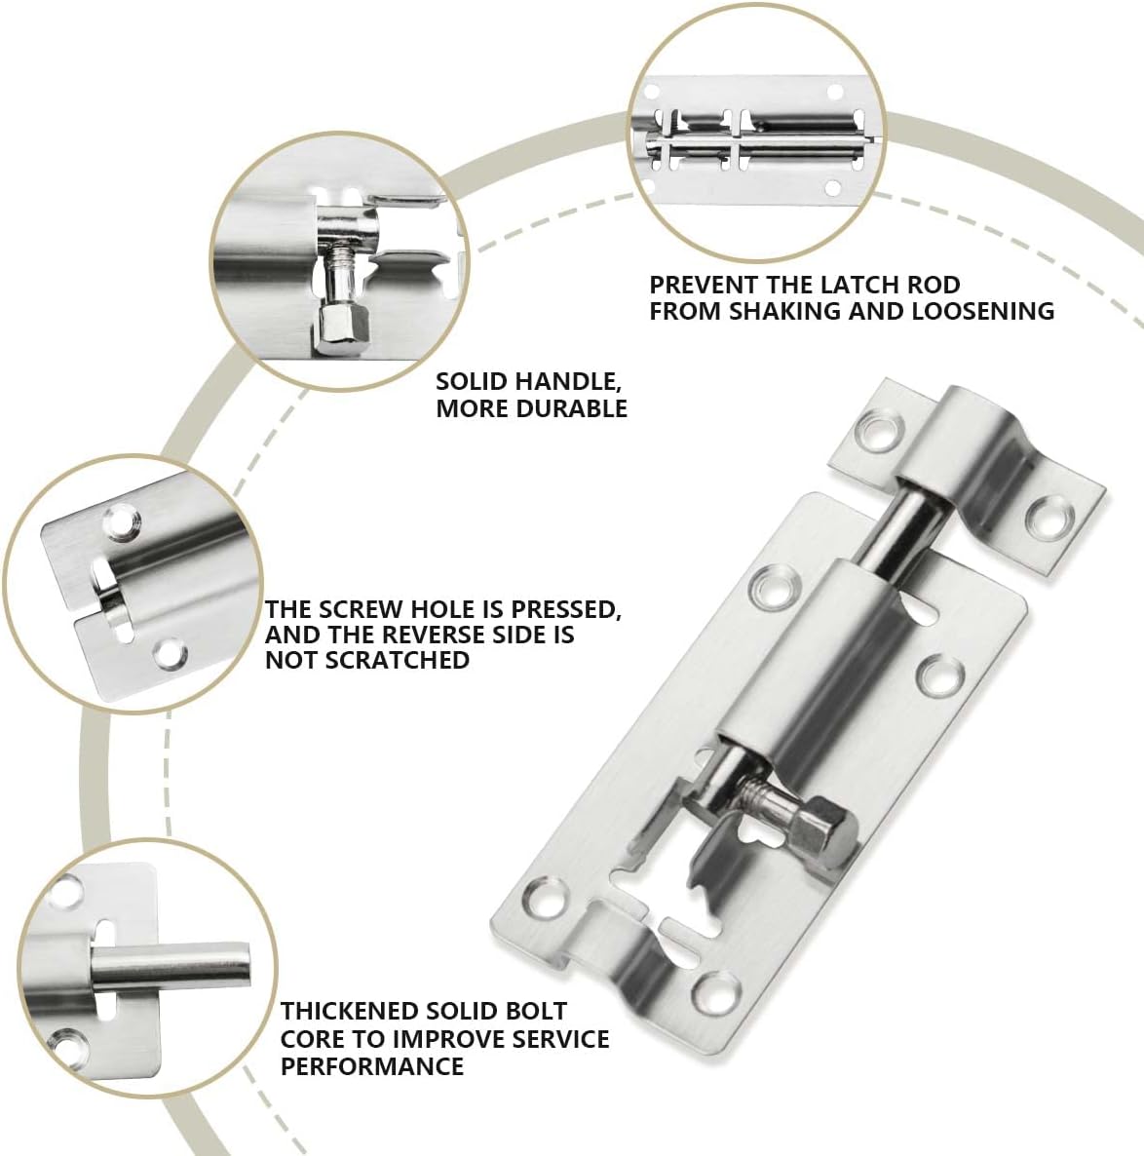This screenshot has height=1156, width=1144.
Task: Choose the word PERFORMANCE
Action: [x=372, y=1065]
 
